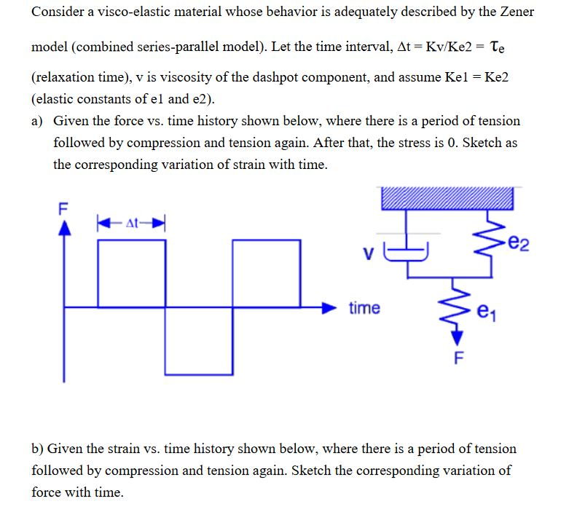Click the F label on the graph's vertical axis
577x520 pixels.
(x=63, y=205)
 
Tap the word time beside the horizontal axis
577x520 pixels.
(x=364, y=308)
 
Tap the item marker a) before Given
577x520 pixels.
(x=38, y=121)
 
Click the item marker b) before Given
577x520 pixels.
(x=38, y=449)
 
